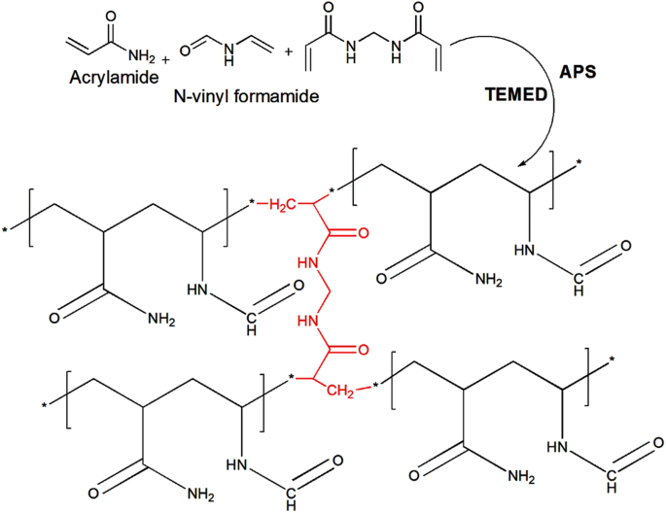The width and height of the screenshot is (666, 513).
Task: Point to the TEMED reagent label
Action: click(510, 97)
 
